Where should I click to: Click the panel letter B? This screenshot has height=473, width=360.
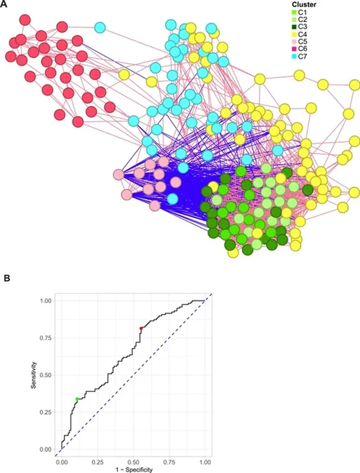tap(6, 278)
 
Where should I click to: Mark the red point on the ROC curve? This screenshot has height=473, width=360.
tap(141, 328)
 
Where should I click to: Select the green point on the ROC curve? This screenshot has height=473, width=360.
tap(77, 399)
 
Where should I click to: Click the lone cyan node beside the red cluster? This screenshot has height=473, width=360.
tap(100, 28)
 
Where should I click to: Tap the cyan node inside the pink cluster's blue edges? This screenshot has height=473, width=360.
tap(172, 198)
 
